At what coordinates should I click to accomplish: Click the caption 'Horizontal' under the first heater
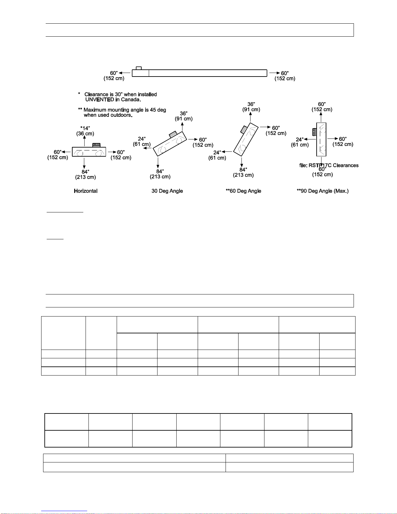coord(86,191)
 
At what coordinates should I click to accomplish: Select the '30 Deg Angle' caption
coord(167,191)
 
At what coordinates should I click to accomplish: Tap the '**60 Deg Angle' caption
coord(243,191)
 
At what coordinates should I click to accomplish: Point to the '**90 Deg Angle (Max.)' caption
coord(322,191)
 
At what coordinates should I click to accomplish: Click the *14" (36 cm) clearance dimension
coord(85,131)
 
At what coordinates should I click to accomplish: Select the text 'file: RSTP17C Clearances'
coord(329,165)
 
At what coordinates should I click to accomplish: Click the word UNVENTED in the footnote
coord(99,100)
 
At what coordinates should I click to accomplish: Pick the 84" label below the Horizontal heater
coord(85,172)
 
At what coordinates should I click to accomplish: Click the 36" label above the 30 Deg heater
coord(184,114)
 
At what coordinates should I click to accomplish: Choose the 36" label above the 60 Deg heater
coord(251,104)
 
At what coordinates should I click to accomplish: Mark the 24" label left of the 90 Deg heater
coord(300,139)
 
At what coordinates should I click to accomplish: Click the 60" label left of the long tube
coord(114,73)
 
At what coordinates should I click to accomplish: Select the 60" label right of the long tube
coord(285,73)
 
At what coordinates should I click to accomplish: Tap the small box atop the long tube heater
coord(139,68)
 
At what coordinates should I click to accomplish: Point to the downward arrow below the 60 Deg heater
coord(241,162)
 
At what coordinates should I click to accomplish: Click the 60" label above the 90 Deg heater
coord(322,104)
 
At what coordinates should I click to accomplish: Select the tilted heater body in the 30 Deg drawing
coord(170,144)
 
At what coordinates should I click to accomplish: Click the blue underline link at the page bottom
coord(64,511)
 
